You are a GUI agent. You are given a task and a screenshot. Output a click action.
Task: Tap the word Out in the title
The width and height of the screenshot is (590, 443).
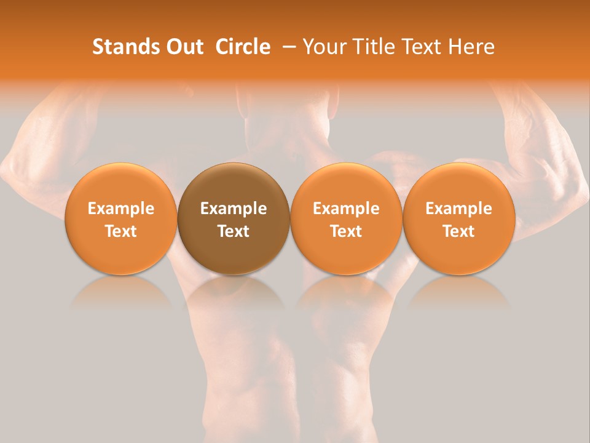pos(183,47)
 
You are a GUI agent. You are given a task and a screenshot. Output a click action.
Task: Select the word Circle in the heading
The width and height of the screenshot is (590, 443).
pos(243,47)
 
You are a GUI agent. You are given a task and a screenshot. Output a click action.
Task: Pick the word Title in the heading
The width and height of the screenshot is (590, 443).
pos(369,47)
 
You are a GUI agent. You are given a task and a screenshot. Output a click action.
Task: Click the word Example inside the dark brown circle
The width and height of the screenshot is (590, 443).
pos(234,209)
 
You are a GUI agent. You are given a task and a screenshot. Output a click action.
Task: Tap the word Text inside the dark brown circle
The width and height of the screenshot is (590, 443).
pos(234,231)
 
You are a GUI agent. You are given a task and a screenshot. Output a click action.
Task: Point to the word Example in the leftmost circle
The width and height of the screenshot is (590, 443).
pos(121,209)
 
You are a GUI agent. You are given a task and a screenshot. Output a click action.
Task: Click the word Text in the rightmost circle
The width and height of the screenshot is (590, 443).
pos(459,231)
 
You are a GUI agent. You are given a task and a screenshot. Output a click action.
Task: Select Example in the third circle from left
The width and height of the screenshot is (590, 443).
pos(346,209)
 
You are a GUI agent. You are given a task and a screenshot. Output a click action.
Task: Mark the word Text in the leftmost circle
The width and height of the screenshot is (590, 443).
pos(121,231)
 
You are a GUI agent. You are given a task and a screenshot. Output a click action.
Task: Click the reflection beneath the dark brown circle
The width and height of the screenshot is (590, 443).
pos(234,292)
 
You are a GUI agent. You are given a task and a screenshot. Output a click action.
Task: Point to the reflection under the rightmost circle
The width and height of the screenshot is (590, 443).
pos(459,292)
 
